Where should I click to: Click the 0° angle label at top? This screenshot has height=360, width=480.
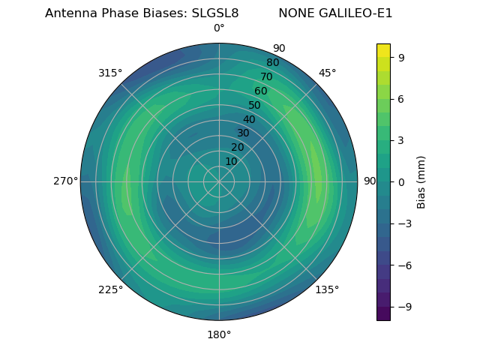point(219,28)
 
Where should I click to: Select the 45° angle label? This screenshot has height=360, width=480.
point(327,73)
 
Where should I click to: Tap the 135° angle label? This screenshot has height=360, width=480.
point(327,289)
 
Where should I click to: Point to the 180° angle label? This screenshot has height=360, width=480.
point(219,334)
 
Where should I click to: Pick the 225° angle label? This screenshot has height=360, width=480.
point(110,289)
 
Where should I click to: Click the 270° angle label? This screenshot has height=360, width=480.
point(65,181)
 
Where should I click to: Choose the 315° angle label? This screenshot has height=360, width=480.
point(110,73)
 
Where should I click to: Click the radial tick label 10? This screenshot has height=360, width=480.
point(231,161)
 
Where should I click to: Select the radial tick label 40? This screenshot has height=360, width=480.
point(249,119)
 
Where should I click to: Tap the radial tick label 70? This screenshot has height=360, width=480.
point(267,76)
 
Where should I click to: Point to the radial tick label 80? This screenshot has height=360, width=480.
point(273,62)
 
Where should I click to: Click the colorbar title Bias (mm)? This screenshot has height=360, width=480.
point(421,181)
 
